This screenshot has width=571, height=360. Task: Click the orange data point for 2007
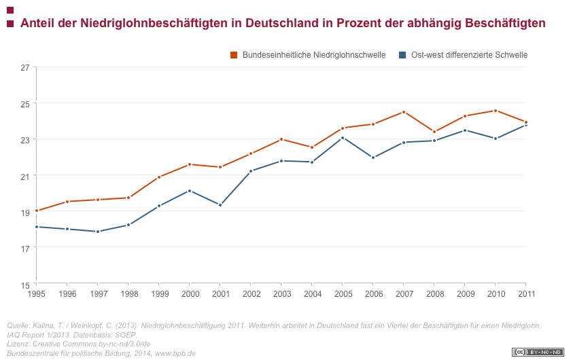404,112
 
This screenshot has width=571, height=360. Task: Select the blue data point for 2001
220,204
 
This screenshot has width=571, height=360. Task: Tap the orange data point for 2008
434,132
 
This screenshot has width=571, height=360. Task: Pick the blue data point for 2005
343,138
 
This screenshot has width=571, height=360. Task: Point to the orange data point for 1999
159,177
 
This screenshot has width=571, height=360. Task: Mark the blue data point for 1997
98,232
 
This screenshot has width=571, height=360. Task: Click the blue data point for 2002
251,171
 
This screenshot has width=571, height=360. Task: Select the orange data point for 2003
281,139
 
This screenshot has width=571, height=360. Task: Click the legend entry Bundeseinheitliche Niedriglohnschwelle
313,55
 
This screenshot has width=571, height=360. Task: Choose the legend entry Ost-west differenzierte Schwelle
468,55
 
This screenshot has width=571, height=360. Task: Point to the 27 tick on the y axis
25,67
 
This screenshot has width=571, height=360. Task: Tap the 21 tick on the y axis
25,176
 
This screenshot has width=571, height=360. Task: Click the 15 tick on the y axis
25,285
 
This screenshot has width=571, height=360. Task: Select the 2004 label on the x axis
313,294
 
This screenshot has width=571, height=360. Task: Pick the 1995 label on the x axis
37,294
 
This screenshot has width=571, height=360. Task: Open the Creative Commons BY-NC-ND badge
537,352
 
